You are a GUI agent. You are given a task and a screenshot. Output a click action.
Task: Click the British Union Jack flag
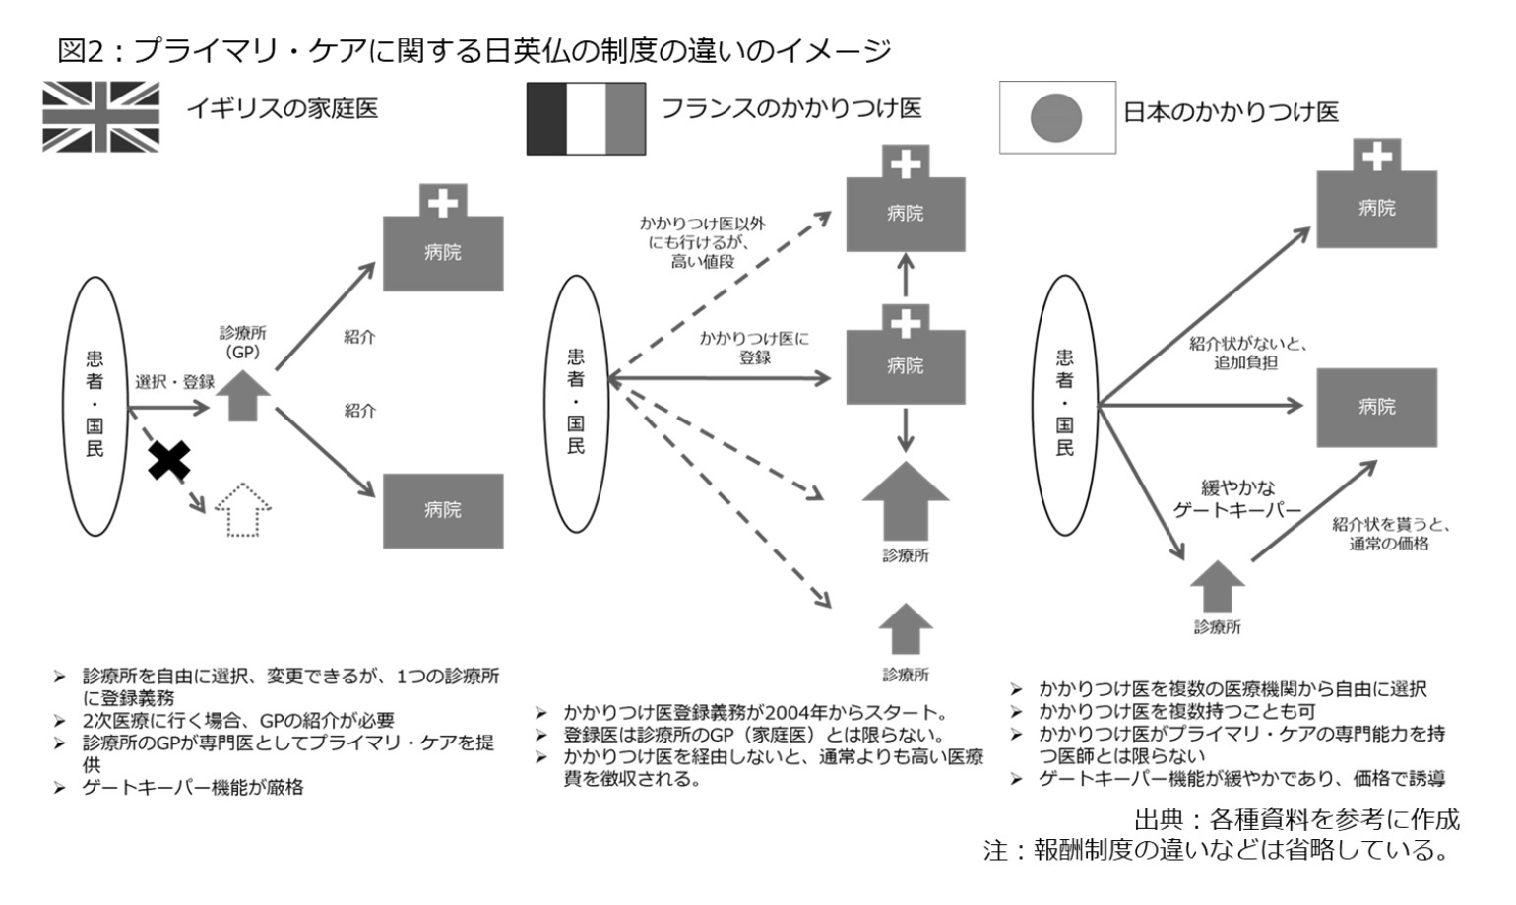[x=100, y=117]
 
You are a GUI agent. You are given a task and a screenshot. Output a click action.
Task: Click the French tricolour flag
[x=586, y=119]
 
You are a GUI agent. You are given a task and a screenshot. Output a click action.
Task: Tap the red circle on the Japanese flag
[x=1055, y=118]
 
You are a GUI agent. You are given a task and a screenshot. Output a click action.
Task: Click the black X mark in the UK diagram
[x=168, y=460]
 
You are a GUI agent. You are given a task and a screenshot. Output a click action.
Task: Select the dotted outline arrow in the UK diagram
[x=243, y=510]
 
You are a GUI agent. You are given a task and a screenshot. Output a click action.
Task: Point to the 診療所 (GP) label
[x=243, y=342]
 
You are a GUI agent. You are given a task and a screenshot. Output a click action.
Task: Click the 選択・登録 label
[x=174, y=382]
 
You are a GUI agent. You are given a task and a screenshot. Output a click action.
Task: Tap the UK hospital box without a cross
[x=443, y=511]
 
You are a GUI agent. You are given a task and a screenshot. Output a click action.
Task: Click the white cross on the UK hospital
[x=443, y=203]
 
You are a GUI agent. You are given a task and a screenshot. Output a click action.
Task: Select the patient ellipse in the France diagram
[x=576, y=404]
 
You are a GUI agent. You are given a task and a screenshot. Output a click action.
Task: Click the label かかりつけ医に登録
[x=754, y=348]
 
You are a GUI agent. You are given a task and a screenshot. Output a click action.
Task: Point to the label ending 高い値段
[x=703, y=242]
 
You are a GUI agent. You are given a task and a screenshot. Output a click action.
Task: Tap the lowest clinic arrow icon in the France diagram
[x=906, y=629]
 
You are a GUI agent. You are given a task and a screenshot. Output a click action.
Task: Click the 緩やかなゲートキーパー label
[x=1237, y=499]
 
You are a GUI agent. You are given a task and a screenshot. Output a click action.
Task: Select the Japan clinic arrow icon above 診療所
[x=1217, y=586]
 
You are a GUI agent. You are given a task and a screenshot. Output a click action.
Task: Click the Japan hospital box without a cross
[x=1376, y=408]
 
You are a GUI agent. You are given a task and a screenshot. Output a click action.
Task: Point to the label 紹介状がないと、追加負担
[x=1246, y=354]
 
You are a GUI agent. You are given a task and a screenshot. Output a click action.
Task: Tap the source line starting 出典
[x=1296, y=819]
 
